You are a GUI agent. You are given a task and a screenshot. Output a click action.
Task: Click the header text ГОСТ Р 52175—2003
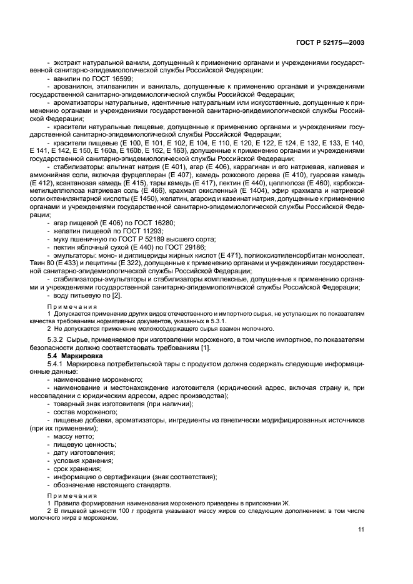(338, 42)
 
